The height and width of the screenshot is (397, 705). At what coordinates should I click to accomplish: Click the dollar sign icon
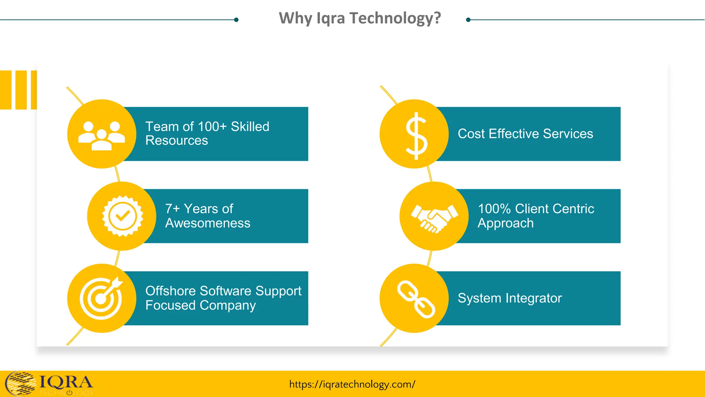[x=416, y=135]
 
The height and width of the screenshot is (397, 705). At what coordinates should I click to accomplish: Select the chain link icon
[x=416, y=298]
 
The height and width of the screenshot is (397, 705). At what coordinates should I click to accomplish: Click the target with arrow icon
[x=101, y=298]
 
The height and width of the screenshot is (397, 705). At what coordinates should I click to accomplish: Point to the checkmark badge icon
[x=123, y=216]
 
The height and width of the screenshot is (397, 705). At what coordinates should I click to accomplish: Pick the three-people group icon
[x=102, y=135]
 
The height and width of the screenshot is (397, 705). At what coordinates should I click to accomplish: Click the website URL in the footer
[x=352, y=384]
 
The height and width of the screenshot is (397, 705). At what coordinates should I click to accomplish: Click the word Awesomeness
[x=208, y=223]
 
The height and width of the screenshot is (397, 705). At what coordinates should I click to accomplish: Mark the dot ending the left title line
[x=236, y=20]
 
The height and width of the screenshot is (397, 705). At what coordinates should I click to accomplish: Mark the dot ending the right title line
[x=468, y=20]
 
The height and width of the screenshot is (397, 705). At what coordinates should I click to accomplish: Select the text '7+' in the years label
[x=172, y=209]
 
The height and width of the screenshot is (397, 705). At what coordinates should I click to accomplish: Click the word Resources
[x=177, y=141]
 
